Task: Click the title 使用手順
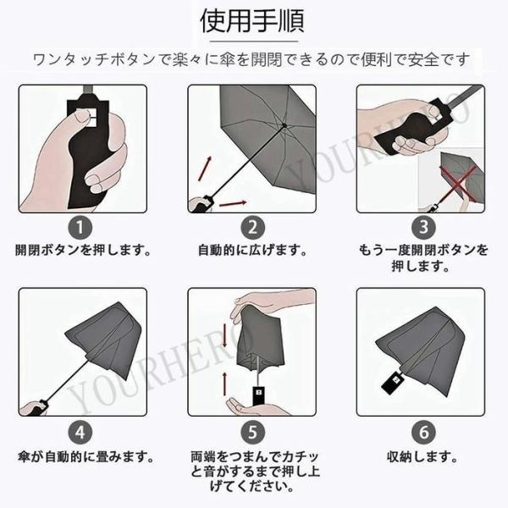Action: pos(253,19)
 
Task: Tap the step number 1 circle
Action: pos(79,227)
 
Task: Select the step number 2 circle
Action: pos(251,227)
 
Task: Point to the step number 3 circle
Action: pos(422,227)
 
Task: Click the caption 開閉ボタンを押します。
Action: pos(83,251)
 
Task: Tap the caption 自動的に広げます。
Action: pos(251,251)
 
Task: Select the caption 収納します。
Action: pos(422,457)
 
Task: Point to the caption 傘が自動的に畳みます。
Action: pos(83,457)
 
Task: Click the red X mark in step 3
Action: pos(458,181)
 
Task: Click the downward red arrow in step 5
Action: pos(224,332)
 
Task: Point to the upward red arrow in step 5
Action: pos(224,378)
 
